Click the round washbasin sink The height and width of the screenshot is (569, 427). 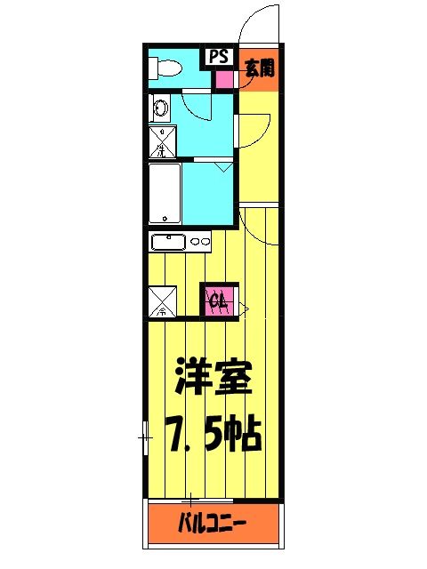(161, 108)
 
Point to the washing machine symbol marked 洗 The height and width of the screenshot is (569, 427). (161, 142)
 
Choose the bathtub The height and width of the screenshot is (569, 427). (164, 192)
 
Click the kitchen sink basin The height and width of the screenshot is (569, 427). (168, 241)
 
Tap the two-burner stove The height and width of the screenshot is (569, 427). (201, 241)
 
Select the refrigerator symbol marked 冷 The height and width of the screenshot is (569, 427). (162, 301)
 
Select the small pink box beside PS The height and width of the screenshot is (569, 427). (222, 77)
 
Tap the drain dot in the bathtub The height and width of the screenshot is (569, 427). (164, 217)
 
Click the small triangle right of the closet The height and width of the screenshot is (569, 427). (242, 309)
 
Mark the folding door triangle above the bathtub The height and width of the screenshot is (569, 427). (223, 166)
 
